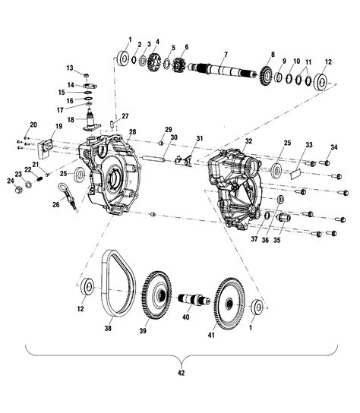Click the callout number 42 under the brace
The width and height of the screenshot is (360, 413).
coord(181,373)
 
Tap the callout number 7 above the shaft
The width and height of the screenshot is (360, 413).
coord(226,55)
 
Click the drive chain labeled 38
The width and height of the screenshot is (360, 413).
coord(118,283)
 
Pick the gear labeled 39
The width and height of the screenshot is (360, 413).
coord(156,295)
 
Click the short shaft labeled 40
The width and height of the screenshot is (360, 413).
coord(194,300)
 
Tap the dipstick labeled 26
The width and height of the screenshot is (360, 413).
coord(68,196)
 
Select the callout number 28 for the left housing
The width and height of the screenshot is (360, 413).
coord(133,131)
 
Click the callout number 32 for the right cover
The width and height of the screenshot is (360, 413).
coord(248,141)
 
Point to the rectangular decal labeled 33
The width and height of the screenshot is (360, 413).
coord(296,175)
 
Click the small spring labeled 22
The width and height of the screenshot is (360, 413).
coord(39,178)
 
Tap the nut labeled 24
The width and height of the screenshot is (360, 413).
coord(18,189)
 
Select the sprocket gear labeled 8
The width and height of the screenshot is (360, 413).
coord(267,75)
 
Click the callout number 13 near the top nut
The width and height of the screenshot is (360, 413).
coord(70,68)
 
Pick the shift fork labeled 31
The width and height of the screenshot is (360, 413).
coord(185,161)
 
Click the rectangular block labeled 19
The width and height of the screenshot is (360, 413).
coord(46,148)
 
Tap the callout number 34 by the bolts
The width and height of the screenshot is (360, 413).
coord(334,147)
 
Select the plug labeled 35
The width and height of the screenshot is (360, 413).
coord(283,218)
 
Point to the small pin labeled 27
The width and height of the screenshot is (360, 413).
coord(112,124)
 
